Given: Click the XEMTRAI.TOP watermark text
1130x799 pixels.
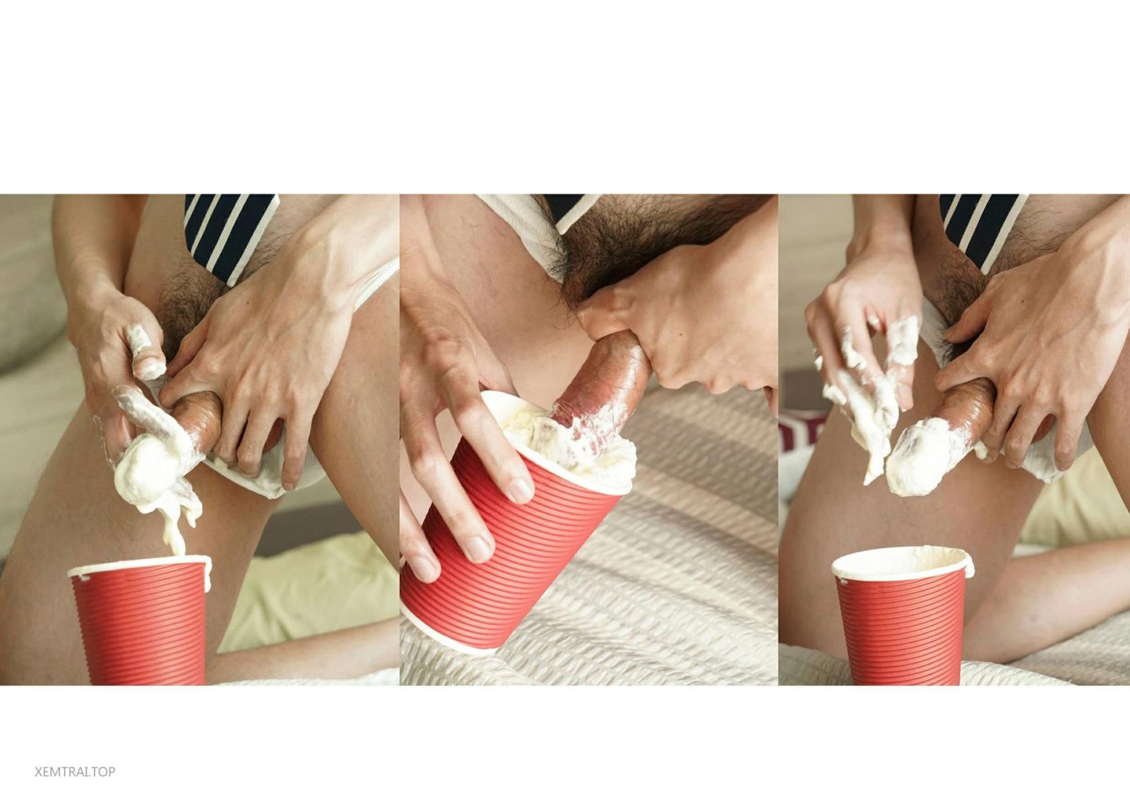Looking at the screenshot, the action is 75,771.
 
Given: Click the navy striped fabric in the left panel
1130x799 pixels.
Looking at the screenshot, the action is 230,233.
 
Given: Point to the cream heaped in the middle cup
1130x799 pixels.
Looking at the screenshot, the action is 570,444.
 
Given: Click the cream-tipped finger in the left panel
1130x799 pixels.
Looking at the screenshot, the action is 145,353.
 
